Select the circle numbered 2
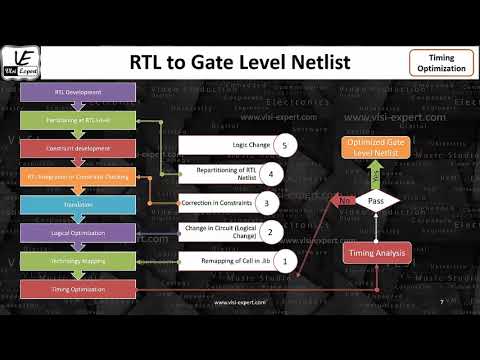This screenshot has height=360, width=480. pos(269,232)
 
